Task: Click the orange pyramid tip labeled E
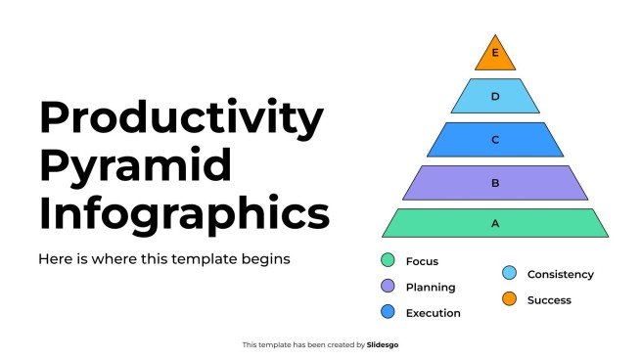click(495, 55)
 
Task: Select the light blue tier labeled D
click(495, 96)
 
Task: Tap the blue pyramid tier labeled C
click(495, 139)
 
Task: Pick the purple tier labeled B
click(495, 183)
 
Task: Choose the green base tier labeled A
click(495, 223)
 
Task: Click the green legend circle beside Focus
click(388, 260)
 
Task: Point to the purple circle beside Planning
click(388, 286)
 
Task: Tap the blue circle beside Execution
click(388, 311)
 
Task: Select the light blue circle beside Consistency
click(509, 273)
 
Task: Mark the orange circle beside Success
click(509, 298)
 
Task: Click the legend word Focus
click(422, 261)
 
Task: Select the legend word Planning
click(431, 288)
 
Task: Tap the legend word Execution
click(433, 313)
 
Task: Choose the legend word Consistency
click(561, 274)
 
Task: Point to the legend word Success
click(549, 300)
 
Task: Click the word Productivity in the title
click(182, 118)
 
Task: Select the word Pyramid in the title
click(136, 166)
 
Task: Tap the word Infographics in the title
click(184, 214)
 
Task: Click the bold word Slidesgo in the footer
click(383, 345)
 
